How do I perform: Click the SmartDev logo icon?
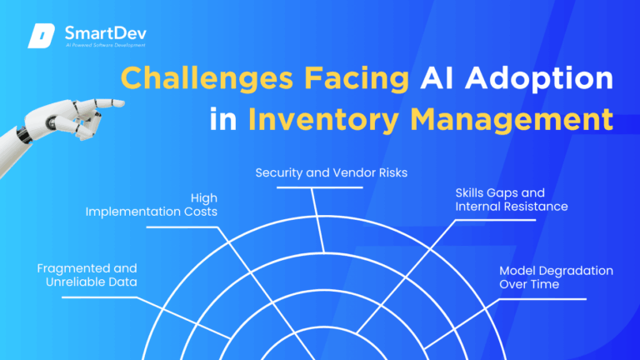point(42,36)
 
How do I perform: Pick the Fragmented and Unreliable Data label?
point(87,275)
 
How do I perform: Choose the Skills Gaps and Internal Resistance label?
point(512,198)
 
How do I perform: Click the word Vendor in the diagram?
point(357,173)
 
